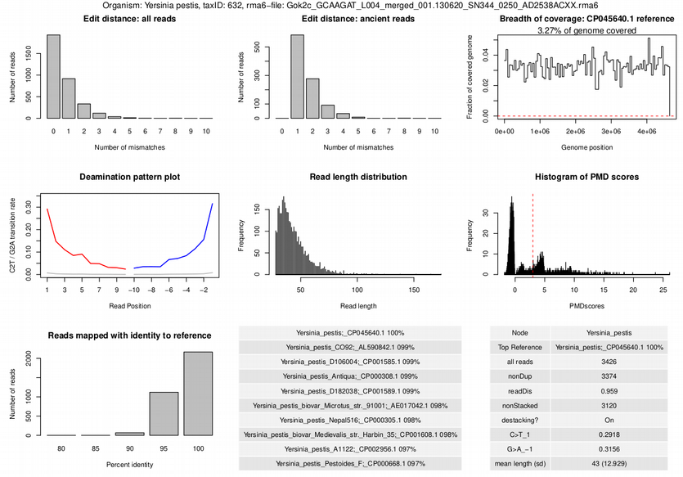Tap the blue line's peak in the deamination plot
[x=212, y=205]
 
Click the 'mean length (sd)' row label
[x=519, y=464]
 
